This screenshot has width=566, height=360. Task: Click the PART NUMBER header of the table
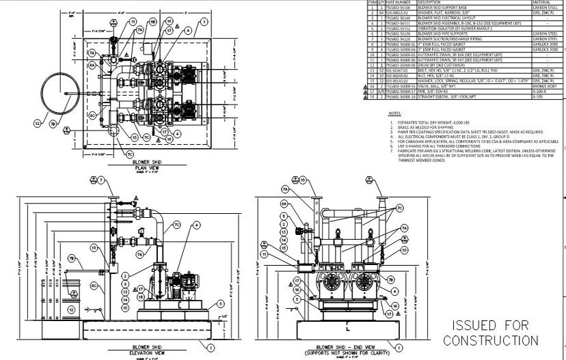(x=396, y=3)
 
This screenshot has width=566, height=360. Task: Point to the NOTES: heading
(x=395, y=113)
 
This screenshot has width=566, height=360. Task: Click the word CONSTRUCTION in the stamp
(x=489, y=340)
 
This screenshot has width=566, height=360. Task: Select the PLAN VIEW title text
(x=147, y=167)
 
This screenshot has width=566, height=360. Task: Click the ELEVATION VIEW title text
(x=148, y=353)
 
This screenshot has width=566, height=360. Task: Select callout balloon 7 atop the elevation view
(x=101, y=180)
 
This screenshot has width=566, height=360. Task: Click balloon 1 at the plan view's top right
(x=203, y=21)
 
